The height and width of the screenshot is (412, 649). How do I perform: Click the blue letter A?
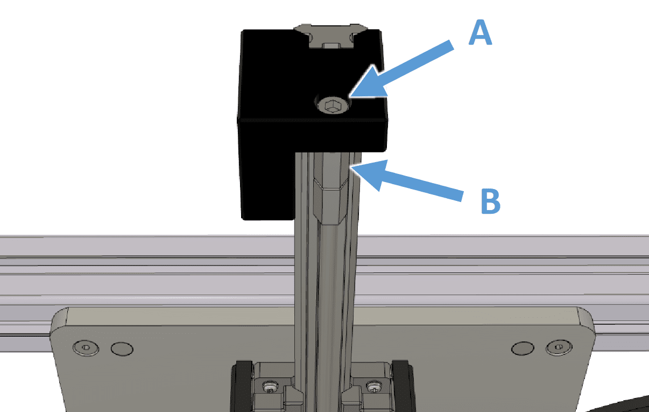pos(480,32)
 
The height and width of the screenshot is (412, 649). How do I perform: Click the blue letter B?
pos(490,201)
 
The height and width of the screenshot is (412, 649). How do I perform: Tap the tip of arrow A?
pos(350,96)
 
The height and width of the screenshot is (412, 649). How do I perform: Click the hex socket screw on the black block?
pos(333,106)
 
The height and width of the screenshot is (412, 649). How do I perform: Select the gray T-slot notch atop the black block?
pos(331,36)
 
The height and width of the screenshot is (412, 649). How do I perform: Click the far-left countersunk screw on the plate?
pos(86,347)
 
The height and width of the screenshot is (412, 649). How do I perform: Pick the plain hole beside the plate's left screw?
pos(122,349)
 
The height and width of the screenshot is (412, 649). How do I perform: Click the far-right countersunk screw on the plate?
pos(559,347)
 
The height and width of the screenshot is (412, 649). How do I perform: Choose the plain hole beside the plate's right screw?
pos(523,348)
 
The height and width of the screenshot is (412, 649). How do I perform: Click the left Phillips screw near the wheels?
pos(270,387)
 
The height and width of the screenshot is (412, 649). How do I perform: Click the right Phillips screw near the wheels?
pos(374,387)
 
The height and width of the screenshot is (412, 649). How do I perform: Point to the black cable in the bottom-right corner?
pos(620,406)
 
